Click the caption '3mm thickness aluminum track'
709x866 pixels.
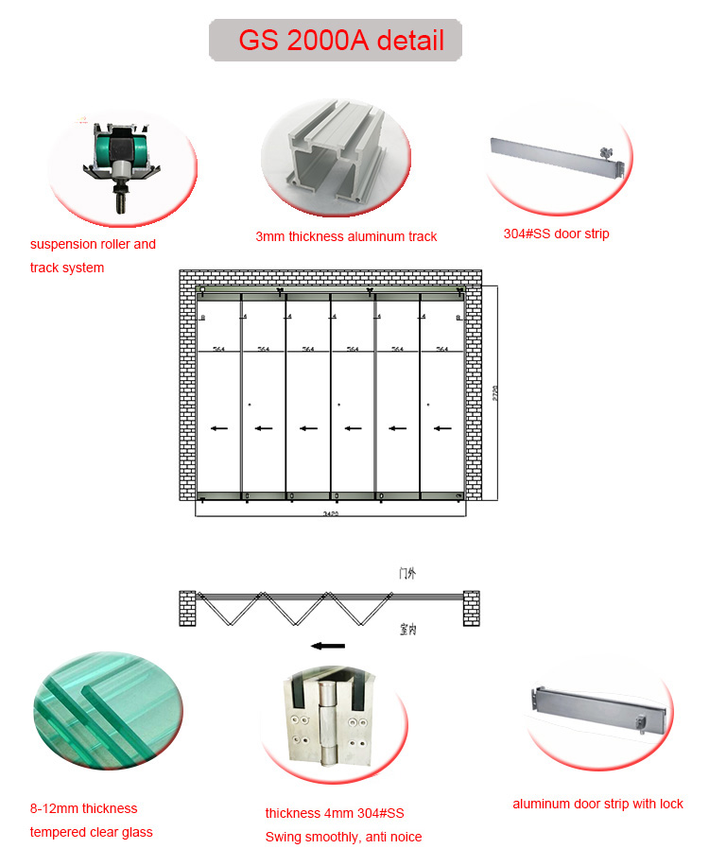point(346,236)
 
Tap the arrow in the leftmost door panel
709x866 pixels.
point(219,428)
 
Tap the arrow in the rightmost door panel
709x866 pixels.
point(441,428)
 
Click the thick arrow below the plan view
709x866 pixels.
point(329,646)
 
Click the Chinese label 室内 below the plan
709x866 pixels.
point(406,629)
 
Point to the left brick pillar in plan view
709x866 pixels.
point(187,608)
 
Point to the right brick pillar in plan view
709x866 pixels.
point(471,608)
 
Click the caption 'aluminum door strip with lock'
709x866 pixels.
point(597,804)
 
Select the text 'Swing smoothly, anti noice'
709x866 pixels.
point(343,837)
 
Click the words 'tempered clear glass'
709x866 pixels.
point(91,832)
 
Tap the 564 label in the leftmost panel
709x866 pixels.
point(219,349)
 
